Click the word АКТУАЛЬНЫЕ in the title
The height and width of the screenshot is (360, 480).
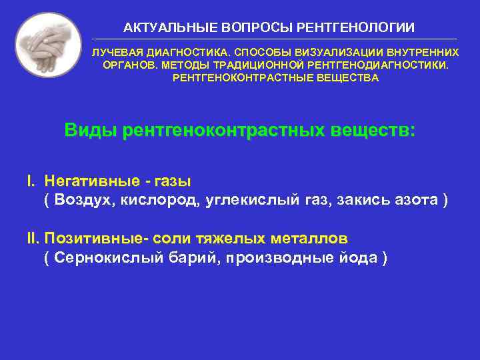pos(162,27)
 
